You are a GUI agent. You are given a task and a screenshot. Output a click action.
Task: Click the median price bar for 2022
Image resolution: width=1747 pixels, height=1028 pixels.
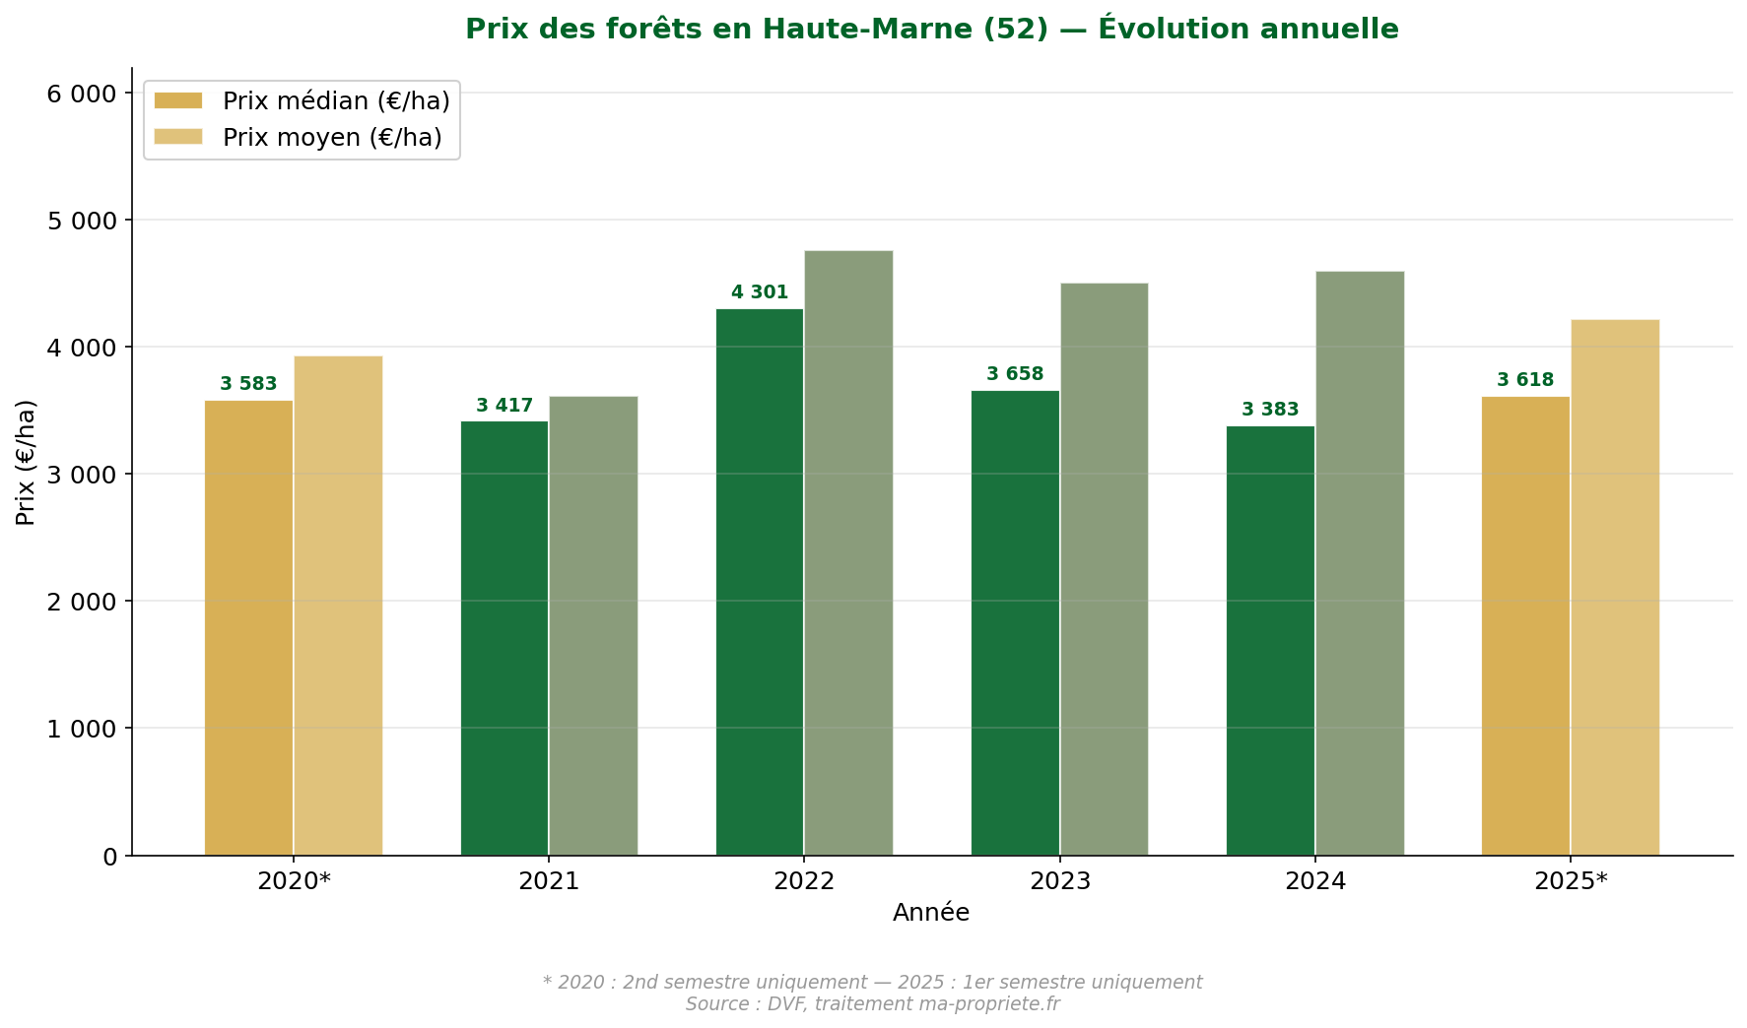tap(759, 581)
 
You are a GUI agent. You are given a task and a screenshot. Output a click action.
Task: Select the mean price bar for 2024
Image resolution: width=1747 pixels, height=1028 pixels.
tap(1359, 561)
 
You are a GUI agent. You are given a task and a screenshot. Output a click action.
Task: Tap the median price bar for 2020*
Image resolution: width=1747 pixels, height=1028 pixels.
tap(248, 627)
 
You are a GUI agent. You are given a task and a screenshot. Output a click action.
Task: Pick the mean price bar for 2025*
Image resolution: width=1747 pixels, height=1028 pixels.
tap(1614, 587)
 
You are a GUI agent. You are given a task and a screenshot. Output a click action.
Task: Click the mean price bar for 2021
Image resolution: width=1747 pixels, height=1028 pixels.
tap(593, 625)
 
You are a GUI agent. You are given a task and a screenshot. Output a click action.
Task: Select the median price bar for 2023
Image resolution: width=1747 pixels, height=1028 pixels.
tap(1015, 622)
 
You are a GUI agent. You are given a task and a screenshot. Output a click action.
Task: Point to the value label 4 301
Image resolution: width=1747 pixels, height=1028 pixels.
tap(759, 292)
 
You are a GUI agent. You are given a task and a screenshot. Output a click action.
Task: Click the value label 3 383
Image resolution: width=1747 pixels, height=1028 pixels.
tap(1269, 410)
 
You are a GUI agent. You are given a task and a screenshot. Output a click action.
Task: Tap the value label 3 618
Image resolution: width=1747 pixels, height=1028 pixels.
tap(1524, 380)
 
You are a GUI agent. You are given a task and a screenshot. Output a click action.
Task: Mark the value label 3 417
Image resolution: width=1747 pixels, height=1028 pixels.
tap(504, 406)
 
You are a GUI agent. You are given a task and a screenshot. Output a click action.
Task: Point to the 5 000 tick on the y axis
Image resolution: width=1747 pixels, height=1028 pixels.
tap(82, 221)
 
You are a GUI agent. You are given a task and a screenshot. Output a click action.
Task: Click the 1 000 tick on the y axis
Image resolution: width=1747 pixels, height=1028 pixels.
tap(82, 729)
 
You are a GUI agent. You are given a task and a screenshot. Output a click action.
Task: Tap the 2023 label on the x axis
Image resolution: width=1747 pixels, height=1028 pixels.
tap(1059, 881)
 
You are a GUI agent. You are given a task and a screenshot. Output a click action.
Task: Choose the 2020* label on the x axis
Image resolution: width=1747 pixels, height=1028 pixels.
tap(294, 881)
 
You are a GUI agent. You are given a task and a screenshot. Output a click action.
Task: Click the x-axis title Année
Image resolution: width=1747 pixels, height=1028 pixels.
tap(930, 913)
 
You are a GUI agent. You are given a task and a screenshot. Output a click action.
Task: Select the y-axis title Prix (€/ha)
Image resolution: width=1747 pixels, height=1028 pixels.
tap(26, 462)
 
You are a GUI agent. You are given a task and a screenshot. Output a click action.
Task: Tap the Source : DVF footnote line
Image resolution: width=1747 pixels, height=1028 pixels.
tap(872, 1004)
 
